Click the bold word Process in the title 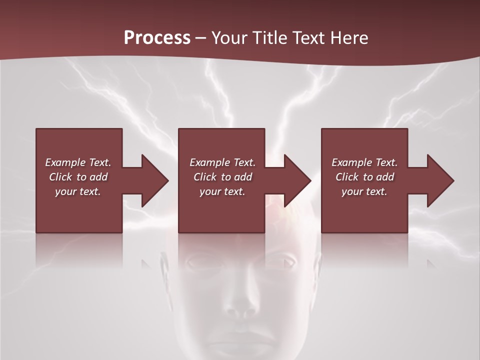point(157,38)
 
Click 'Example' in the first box point(65,162)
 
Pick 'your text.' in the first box point(78,191)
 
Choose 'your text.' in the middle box point(222,191)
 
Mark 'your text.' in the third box point(364,191)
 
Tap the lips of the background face point(239,342)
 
